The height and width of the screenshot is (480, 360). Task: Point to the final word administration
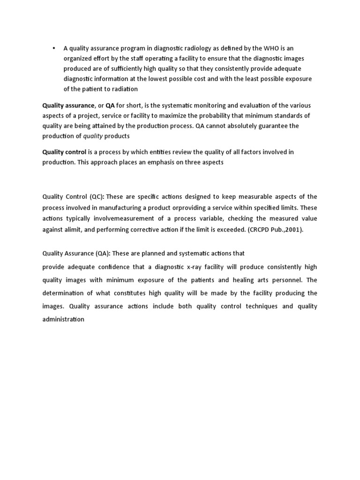tap(63, 319)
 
